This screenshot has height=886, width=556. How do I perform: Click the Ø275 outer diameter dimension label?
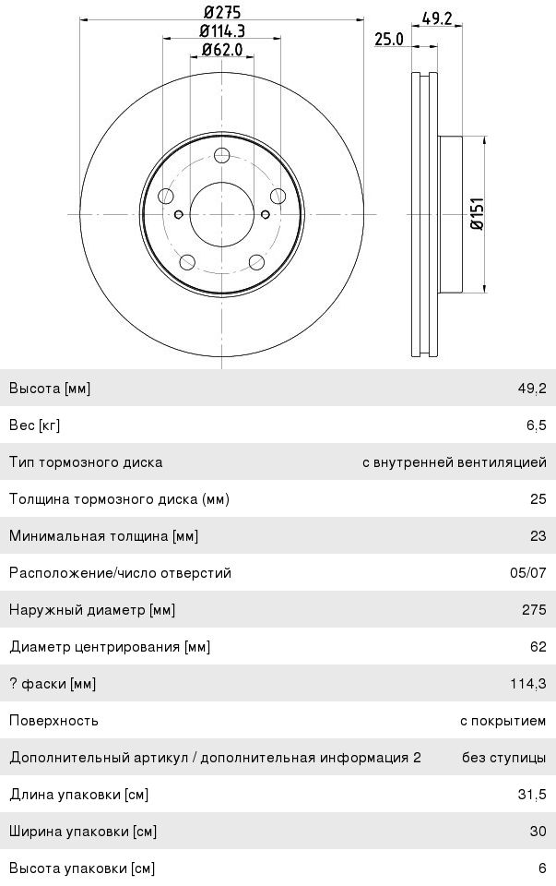tap(221, 12)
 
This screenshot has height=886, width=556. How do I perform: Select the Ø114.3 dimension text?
tap(221, 31)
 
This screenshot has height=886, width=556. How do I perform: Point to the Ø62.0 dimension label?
tap(221, 50)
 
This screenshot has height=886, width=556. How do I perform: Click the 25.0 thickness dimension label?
tap(388, 39)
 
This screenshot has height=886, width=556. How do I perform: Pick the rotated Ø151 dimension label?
tap(477, 215)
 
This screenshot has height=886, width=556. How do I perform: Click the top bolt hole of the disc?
tap(222, 156)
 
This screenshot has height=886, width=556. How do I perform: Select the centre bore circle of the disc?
tap(221, 214)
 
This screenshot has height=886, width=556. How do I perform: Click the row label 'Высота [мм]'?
tap(50, 389)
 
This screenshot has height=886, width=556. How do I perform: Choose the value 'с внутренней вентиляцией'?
tap(454, 462)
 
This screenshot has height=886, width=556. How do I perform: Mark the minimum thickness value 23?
tap(538, 536)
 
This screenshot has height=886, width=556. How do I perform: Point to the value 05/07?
tap(527, 573)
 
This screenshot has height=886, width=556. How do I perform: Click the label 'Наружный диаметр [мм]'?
tap(92, 610)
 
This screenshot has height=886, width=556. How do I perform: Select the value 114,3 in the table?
tap(528, 684)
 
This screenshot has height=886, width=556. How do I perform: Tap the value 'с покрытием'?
tap(503, 721)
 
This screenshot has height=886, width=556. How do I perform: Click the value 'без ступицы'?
tap(503, 758)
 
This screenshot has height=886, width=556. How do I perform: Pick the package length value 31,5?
tap(532, 795)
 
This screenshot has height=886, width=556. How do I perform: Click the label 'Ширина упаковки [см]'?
tap(83, 832)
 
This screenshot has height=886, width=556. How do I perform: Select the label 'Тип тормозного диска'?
tap(86, 462)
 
